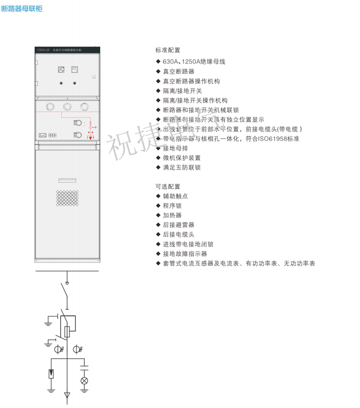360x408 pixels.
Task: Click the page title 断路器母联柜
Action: pyautogui.click(x=22, y=9)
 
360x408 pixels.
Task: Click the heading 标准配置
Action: pyautogui.click(x=168, y=50)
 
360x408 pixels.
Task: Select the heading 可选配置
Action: pyautogui.click(x=168, y=186)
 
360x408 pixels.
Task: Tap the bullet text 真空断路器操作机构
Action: pyautogui.click(x=185, y=81)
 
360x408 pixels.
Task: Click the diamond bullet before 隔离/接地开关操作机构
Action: pyautogui.click(x=158, y=100)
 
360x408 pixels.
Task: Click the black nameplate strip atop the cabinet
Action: pyautogui.click(x=67, y=49)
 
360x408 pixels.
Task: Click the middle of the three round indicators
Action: pyautogui.click(x=67, y=106)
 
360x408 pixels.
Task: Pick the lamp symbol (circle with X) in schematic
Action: pyautogui.click(x=84, y=381)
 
